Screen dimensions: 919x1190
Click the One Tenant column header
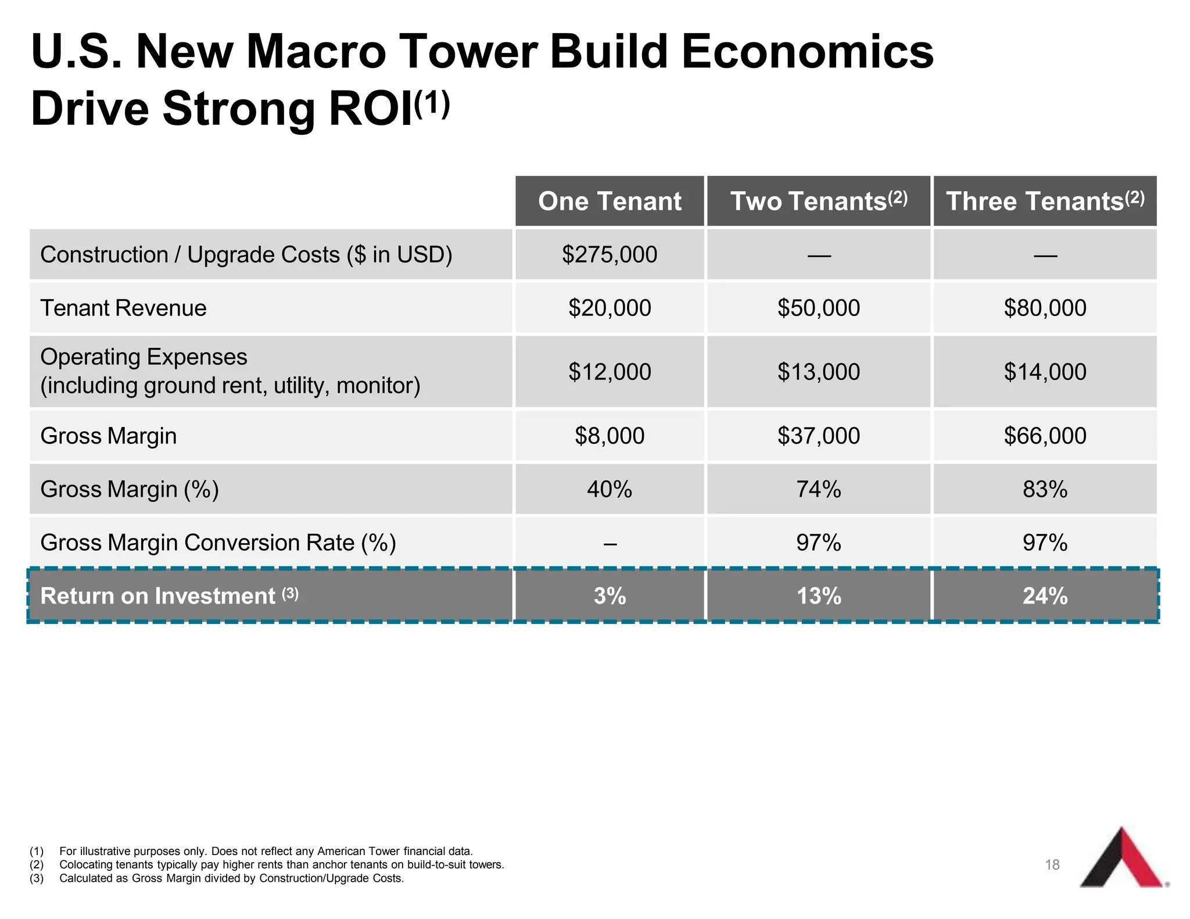[x=610, y=201]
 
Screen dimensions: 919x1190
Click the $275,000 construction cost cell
[x=610, y=254]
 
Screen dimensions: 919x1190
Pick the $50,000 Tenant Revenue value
[x=819, y=308]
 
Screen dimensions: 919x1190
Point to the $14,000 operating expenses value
[x=1045, y=372]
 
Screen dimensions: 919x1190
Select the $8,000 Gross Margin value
[x=610, y=436]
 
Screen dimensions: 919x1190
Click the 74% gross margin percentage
[x=819, y=489]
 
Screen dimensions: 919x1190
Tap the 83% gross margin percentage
[x=1045, y=489]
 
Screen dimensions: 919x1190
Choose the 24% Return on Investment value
[x=1045, y=596]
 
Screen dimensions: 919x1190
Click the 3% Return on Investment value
[x=610, y=596]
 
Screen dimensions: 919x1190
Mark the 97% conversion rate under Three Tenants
[x=1045, y=543]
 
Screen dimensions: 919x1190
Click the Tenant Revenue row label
[x=123, y=308]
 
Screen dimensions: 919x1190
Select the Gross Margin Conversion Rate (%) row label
[x=218, y=543]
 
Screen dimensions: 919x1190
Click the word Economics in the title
[x=807, y=52]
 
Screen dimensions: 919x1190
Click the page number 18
[x=1052, y=865]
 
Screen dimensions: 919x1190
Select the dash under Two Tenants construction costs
[x=819, y=254]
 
